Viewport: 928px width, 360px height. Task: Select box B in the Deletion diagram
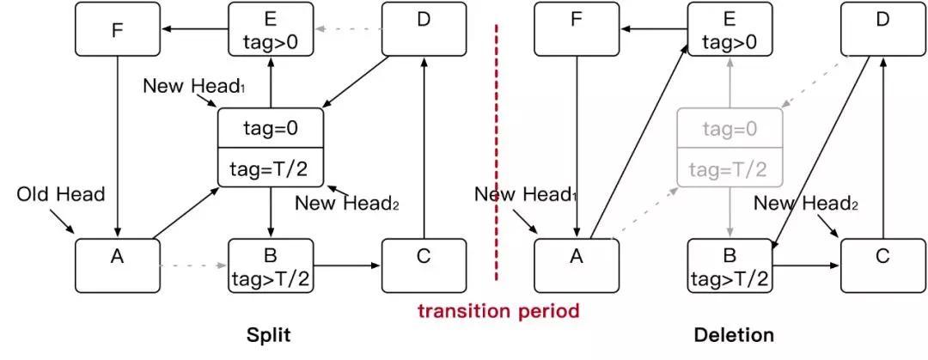point(730,265)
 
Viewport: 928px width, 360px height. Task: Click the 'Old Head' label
point(61,194)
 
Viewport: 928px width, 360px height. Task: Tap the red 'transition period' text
point(499,309)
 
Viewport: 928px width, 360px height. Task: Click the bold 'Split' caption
point(269,335)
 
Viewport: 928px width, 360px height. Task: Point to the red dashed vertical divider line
point(496,155)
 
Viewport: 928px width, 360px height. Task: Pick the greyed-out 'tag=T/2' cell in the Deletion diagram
point(730,168)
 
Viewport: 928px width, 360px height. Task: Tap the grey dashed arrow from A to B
point(193,265)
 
